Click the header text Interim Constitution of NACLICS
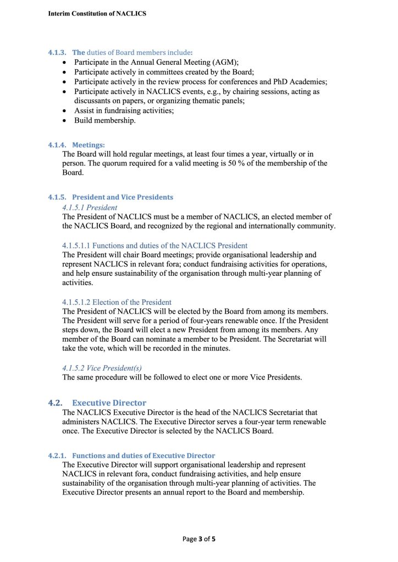pyautogui.click(x=97, y=13)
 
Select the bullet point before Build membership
pyautogui.click(x=65, y=120)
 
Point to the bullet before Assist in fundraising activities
pyautogui.click(x=65, y=111)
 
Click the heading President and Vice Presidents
pyautogui.click(x=123, y=197)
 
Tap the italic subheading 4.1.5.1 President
pyautogui.click(x=90, y=208)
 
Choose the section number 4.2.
pyautogui.click(x=55, y=403)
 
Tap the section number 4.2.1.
pyautogui.click(x=57, y=455)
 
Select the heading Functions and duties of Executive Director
pyautogui.click(x=143, y=455)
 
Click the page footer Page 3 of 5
pyautogui.click(x=199, y=539)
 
